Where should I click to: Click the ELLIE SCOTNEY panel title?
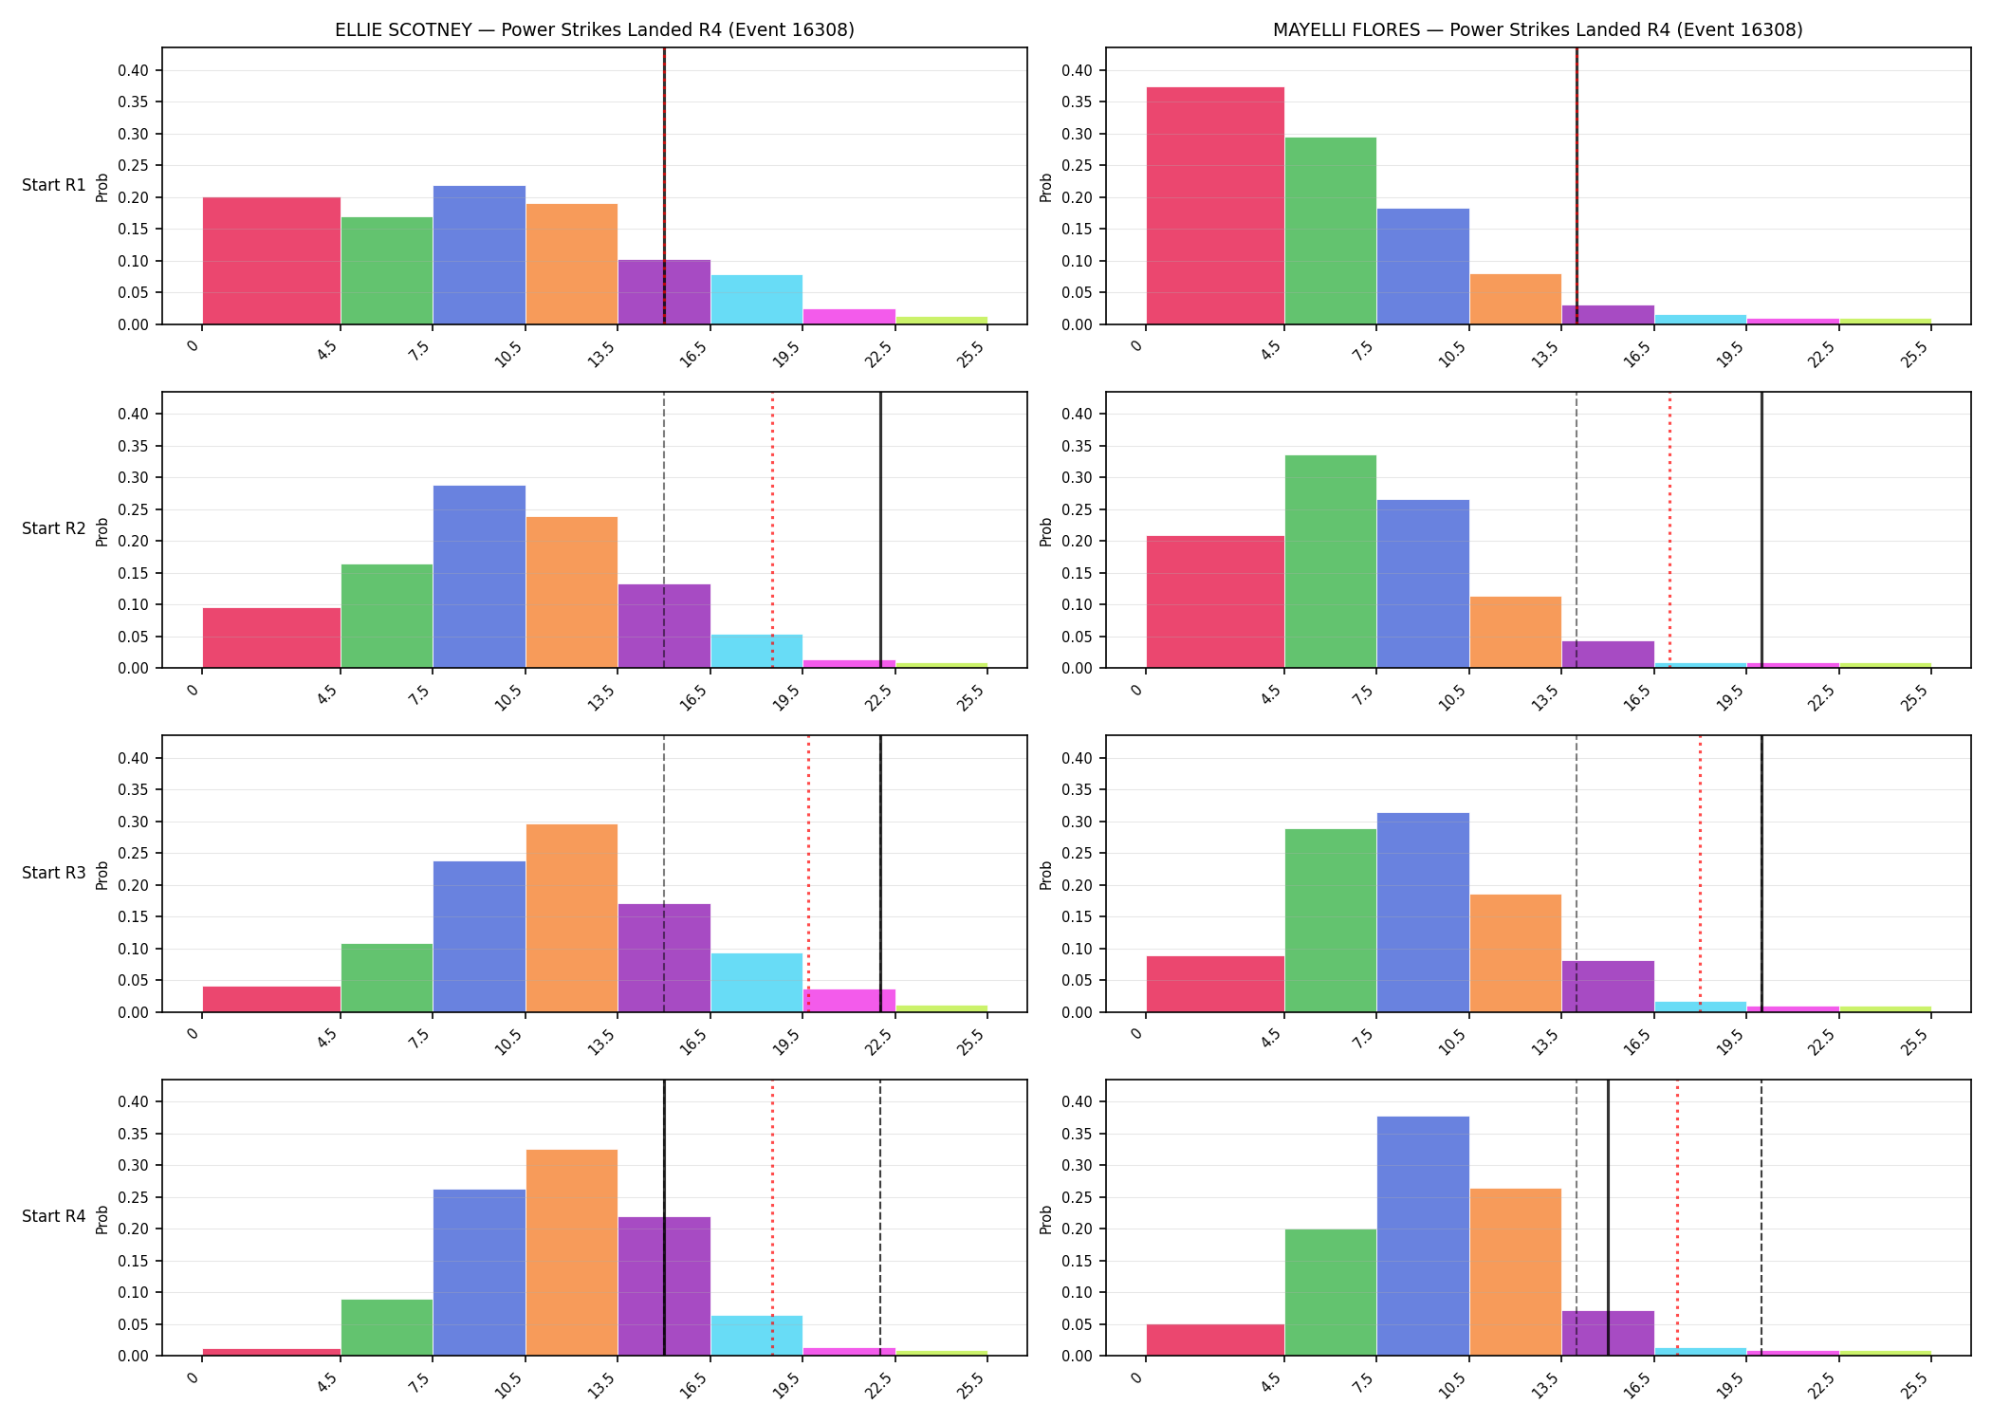[595, 29]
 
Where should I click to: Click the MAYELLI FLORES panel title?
[1538, 29]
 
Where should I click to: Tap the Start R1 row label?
[54, 185]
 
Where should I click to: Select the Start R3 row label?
[54, 873]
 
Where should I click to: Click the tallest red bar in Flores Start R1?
[1215, 206]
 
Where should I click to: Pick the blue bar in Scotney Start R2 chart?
[479, 577]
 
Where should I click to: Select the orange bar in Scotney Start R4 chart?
[572, 1252]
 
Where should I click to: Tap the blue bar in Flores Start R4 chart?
[1423, 1236]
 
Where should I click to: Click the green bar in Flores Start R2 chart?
[1331, 562]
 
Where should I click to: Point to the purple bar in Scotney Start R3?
[664, 958]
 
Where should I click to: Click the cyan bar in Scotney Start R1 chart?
[757, 300]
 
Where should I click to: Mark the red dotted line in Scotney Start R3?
[808, 874]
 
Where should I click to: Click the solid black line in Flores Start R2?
[1761, 529]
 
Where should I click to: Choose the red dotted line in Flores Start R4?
[1677, 1218]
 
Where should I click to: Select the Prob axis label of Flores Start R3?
[1046, 874]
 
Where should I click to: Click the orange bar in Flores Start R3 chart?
[1516, 953]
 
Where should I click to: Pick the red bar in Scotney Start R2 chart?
[271, 638]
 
